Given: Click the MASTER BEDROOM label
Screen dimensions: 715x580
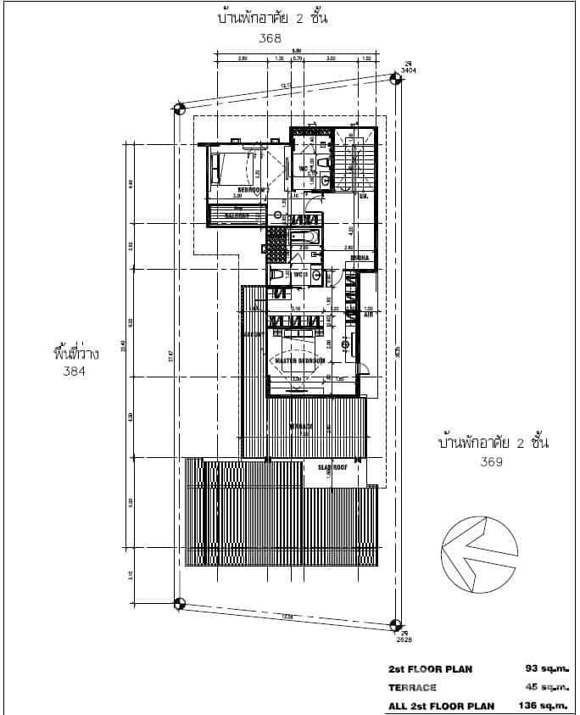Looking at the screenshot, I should coord(298,360).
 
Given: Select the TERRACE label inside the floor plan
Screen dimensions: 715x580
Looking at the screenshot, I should coord(301,426).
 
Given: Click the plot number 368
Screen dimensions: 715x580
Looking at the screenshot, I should coord(270,38).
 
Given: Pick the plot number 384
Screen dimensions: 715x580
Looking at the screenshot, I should coord(75,371).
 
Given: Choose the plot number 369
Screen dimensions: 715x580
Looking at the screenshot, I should coord(493,462).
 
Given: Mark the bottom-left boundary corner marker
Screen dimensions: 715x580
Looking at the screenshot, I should coord(178,604).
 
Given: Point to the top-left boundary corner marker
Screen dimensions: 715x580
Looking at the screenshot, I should coord(178,108).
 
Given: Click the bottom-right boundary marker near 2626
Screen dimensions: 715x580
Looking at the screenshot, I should coord(395,625).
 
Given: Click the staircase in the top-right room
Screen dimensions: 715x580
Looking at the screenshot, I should coord(349,161).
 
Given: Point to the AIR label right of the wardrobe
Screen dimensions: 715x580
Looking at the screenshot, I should coord(367,314).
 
